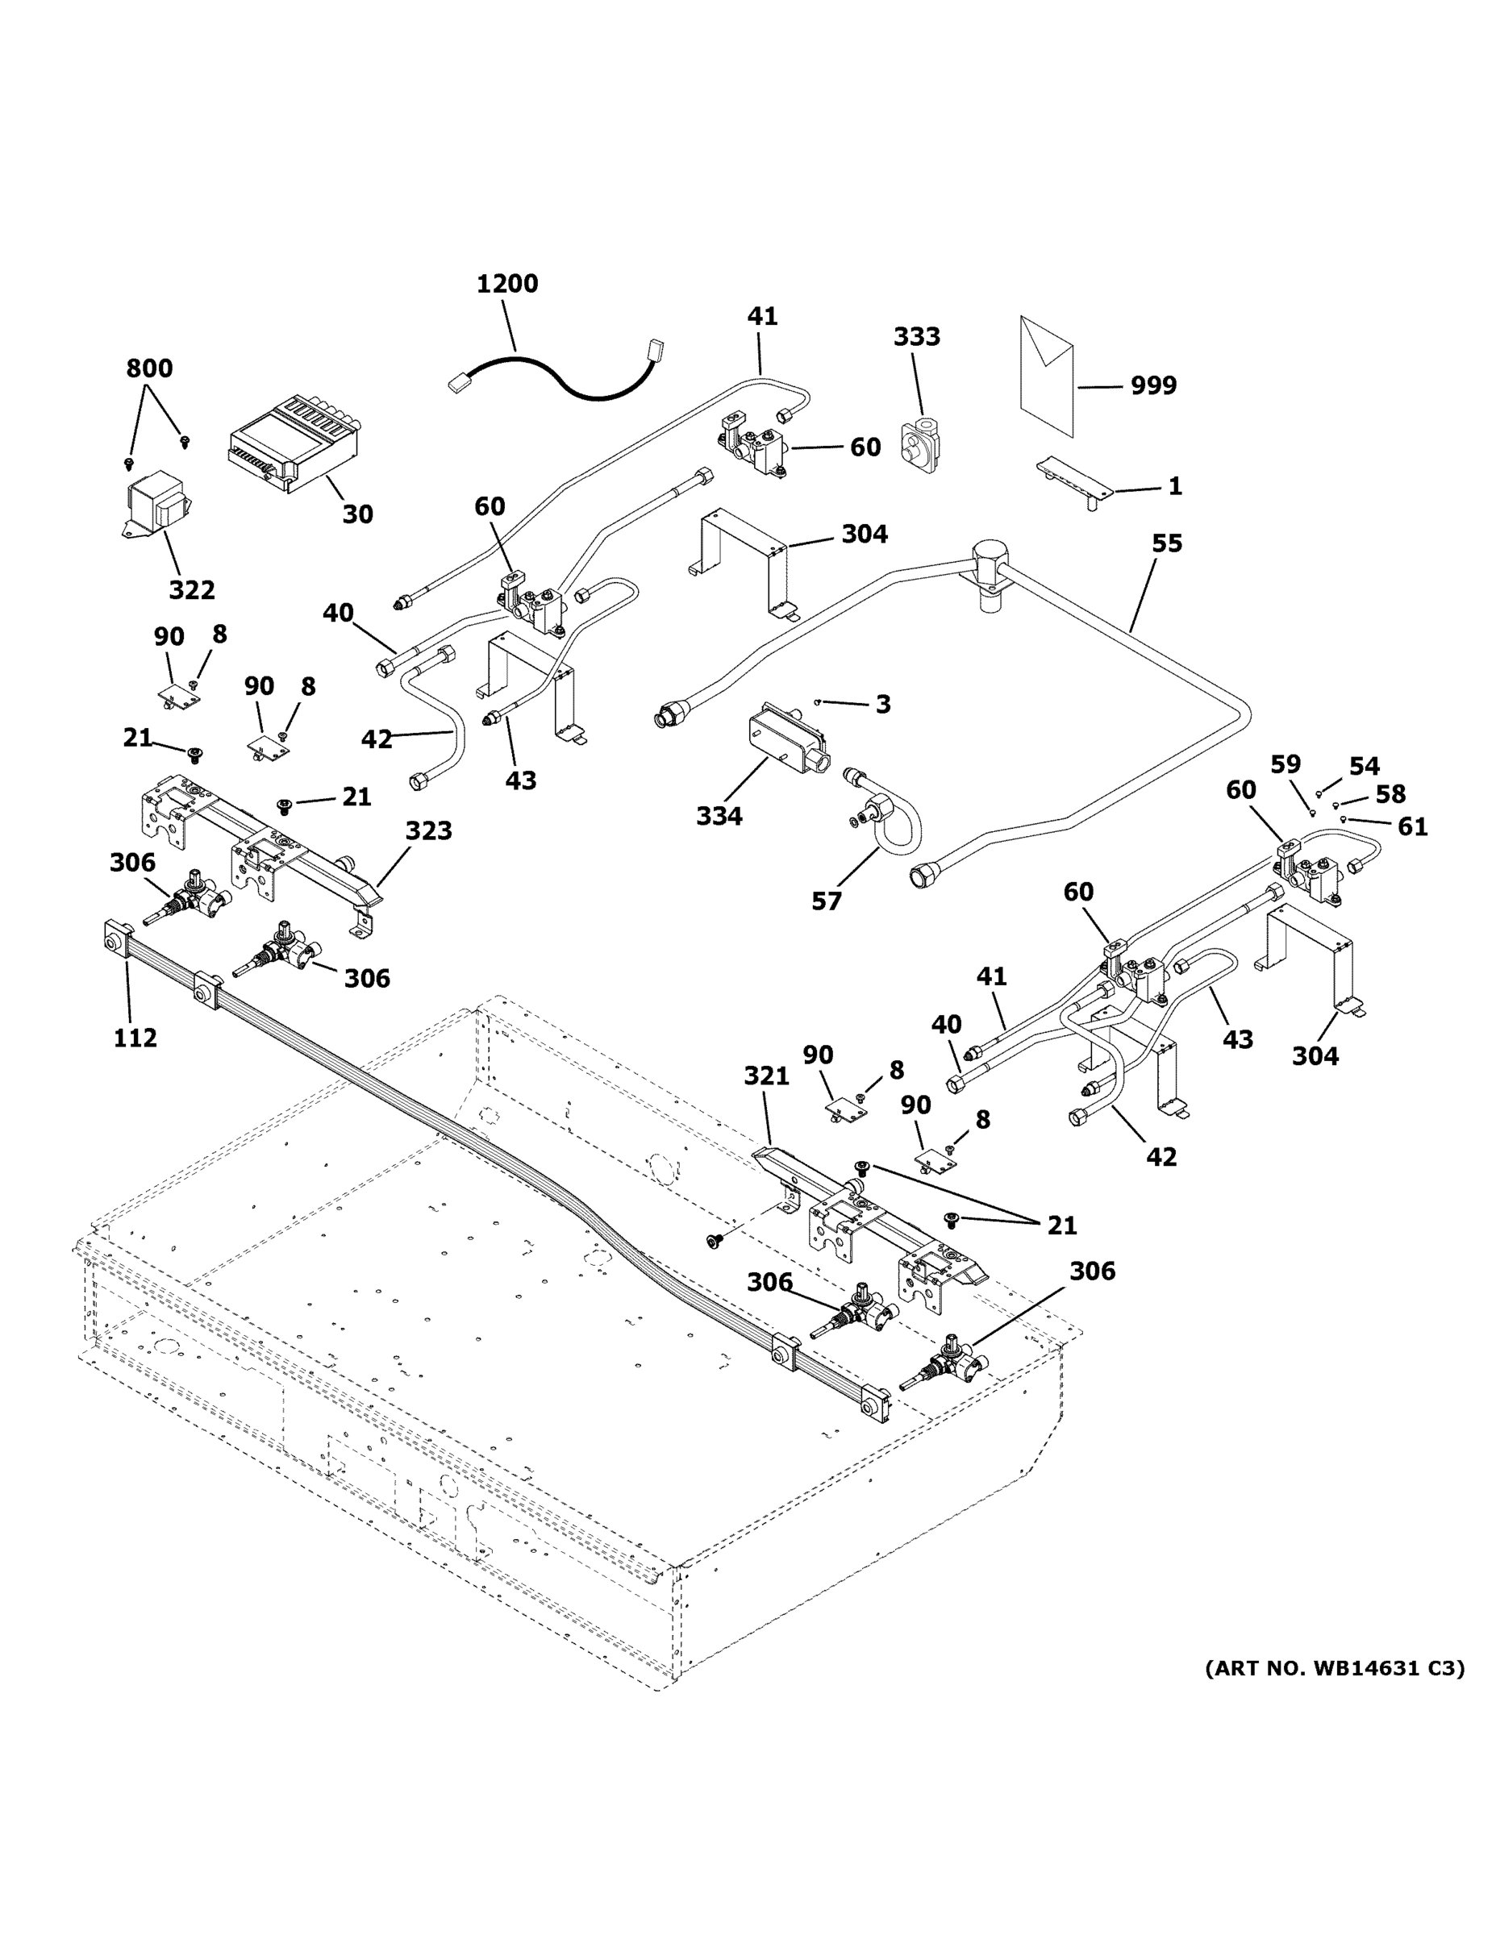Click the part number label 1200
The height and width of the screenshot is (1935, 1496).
[507, 284]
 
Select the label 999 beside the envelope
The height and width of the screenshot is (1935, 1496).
[1154, 385]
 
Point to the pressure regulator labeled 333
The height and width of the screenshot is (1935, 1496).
[920, 443]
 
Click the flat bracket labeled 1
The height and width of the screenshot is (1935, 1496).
[1074, 481]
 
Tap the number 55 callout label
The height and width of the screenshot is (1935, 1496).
[1167, 543]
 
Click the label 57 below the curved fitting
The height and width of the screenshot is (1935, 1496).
[827, 901]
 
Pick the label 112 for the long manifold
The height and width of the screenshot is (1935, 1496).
[135, 1038]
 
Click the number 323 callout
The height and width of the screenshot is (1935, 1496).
[429, 830]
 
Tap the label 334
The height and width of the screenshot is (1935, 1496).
[719, 815]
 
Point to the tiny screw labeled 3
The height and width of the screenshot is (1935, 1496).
[817, 702]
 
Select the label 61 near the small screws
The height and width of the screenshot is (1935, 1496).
[1413, 826]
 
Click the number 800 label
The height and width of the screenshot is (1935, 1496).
[149, 368]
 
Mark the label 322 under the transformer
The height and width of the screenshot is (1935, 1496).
[191, 589]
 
